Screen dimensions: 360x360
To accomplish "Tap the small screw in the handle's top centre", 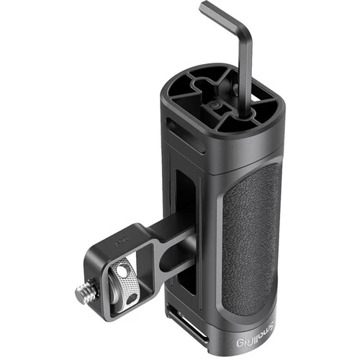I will point(214,108).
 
